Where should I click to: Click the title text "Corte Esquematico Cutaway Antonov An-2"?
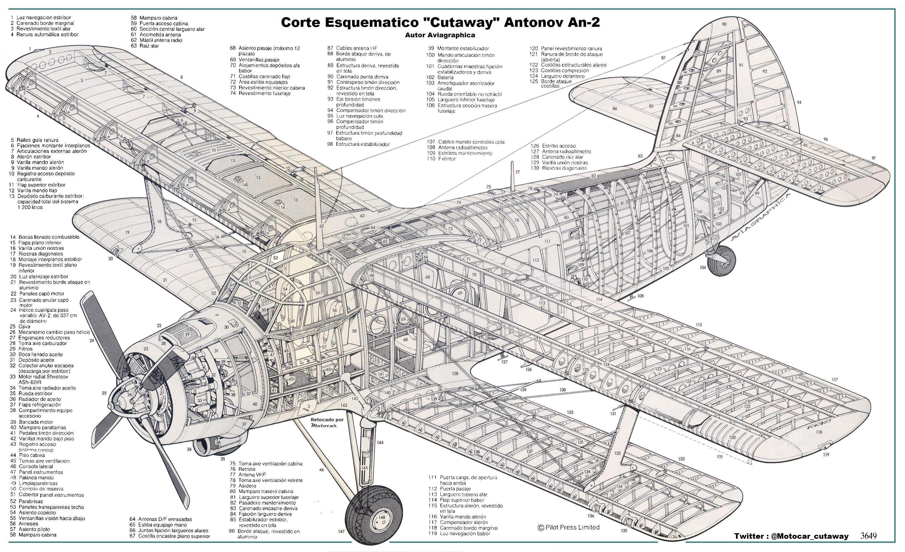[440, 22]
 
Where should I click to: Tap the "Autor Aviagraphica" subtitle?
[440, 35]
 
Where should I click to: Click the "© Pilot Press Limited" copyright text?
[569, 527]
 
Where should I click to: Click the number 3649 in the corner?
[868, 536]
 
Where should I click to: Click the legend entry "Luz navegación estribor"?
[43, 17]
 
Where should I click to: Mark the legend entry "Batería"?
[445, 78]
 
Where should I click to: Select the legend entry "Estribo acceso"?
[559, 146]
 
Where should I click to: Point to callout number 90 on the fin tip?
[724, 24]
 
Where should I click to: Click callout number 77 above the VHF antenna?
[518, 172]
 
